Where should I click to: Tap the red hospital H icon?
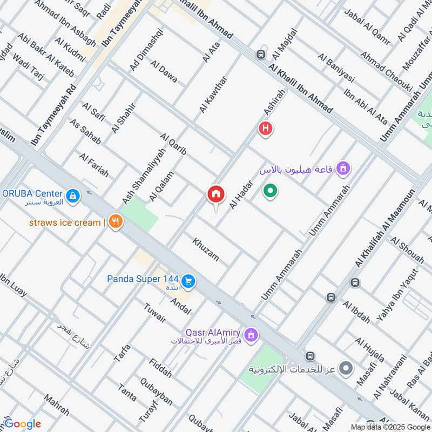(265, 129)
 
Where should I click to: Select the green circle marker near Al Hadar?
(270, 191)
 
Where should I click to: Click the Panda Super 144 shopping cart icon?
(188, 281)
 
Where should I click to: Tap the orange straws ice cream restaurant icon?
(114, 222)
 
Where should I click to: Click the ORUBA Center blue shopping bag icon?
(72, 195)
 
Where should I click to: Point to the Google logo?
(22, 424)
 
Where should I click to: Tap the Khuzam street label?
(206, 249)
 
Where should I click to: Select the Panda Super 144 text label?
(141, 279)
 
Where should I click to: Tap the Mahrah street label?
(57, 405)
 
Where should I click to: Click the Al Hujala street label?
(370, 350)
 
